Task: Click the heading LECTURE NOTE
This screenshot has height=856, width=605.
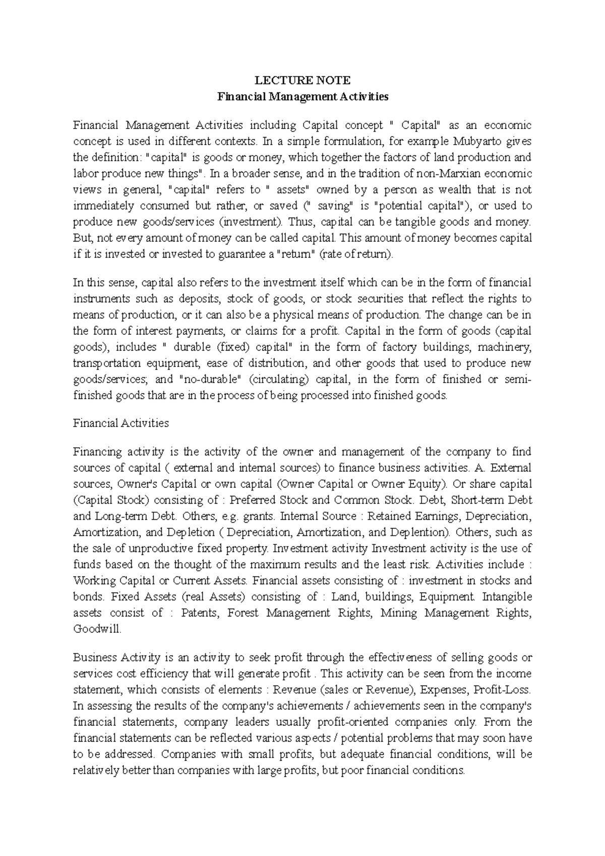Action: [302, 81]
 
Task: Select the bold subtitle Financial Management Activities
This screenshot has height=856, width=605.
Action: [302, 97]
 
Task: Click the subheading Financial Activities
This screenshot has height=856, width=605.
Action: [121, 423]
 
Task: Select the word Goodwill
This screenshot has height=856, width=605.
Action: [97, 629]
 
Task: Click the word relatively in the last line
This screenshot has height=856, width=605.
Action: [97, 770]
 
